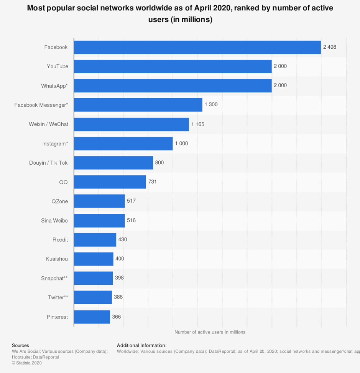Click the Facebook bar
197,47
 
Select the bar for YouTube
173,66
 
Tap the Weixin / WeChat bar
131,124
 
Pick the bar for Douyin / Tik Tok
113,163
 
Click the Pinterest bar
92,317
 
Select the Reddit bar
95,240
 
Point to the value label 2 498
329,47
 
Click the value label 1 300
211,105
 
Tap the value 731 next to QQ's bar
152,182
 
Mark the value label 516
131,221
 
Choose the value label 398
119,278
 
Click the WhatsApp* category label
54,86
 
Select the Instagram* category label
55,144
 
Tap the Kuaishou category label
57,259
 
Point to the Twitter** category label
58,297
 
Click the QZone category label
59,201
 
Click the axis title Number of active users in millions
210,332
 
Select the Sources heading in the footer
20,345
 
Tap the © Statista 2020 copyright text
26,363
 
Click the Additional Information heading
141,345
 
